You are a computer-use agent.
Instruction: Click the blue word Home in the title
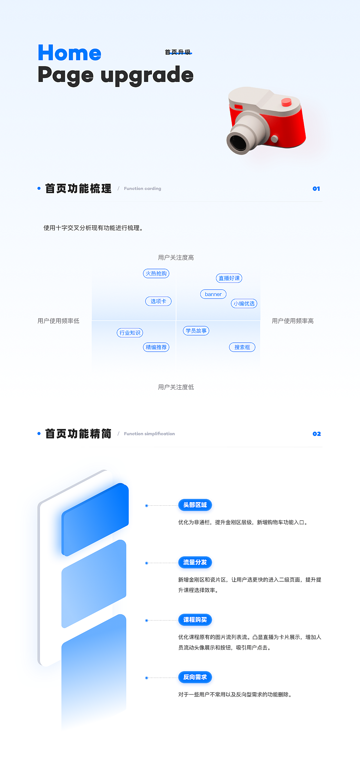click(70, 53)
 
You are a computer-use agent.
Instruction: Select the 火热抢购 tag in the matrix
click(156, 274)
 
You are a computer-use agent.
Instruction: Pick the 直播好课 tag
click(229, 278)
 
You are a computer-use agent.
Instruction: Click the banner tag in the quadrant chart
click(213, 294)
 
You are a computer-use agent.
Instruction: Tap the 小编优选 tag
click(244, 303)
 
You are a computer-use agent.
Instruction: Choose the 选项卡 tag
click(158, 301)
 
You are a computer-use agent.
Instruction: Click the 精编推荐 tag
click(156, 347)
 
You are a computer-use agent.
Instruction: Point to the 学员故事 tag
click(196, 331)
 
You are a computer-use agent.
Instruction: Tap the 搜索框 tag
click(242, 347)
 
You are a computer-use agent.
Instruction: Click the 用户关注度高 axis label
click(176, 257)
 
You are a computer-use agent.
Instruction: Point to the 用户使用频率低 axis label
click(58, 321)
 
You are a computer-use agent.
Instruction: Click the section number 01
click(316, 189)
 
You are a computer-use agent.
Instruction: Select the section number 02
click(317, 434)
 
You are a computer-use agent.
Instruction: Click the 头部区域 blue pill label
click(195, 505)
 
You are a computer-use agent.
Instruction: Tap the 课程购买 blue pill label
click(195, 620)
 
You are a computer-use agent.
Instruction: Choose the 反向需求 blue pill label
click(195, 677)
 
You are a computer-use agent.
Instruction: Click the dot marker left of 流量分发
click(147, 563)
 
